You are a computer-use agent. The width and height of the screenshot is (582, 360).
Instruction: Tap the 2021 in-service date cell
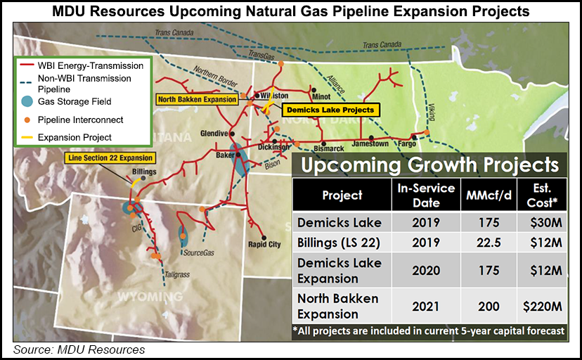pos(418,307)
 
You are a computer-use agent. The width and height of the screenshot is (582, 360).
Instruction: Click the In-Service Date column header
pos(418,195)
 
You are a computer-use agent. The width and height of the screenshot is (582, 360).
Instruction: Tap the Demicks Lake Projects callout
pos(330,110)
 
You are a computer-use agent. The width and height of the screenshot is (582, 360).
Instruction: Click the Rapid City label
pos(264,245)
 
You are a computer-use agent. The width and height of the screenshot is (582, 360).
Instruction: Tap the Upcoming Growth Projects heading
pos(431,165)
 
